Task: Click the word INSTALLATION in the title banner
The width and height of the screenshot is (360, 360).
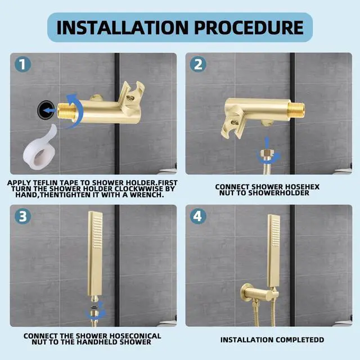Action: (121, 27)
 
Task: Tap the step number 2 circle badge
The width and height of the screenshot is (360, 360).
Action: (198, 64)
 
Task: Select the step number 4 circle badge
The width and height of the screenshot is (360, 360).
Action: (198, 217)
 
